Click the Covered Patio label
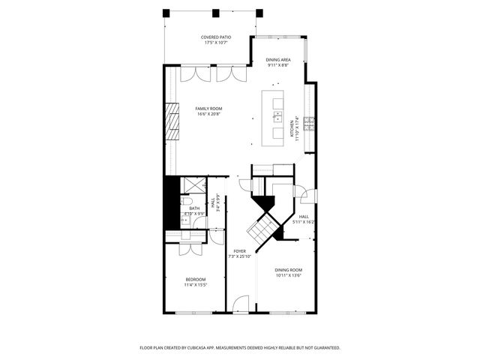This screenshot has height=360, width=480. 215,40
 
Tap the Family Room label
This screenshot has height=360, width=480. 209,111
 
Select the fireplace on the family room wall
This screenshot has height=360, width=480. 173,121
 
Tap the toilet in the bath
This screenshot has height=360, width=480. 187,201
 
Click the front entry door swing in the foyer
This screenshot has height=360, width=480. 240,304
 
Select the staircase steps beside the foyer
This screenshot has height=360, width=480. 262,226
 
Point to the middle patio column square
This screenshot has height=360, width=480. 216,13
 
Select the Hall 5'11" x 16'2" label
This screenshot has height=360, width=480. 304,219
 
